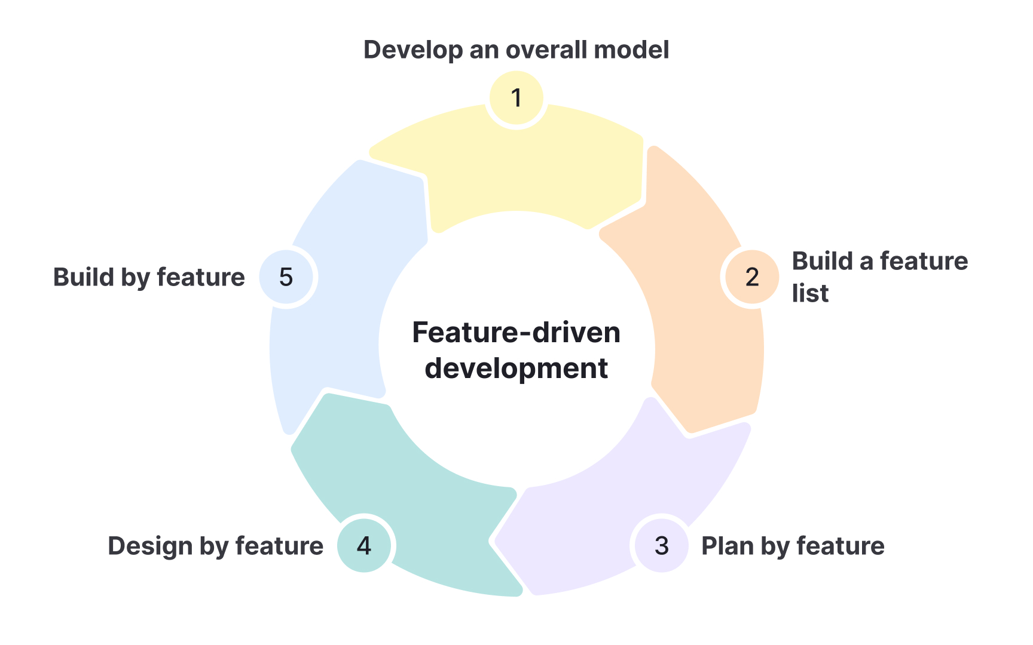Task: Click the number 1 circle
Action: click(516, 98)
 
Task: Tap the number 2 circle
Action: click(752, 277)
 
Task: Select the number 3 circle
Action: click(661, 545)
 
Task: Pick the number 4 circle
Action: click(364, 545)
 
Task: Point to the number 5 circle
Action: click(286, 277)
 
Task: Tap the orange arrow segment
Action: click(705, 334)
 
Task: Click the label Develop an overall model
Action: click(516, 50)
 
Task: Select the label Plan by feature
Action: click(793, 546)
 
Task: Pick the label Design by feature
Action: click(216, 546)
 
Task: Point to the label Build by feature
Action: click(149, 277)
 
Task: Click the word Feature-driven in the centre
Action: click(516, 333)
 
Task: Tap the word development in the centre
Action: click(516, 368)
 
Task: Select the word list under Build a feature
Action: click(810, 293)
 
